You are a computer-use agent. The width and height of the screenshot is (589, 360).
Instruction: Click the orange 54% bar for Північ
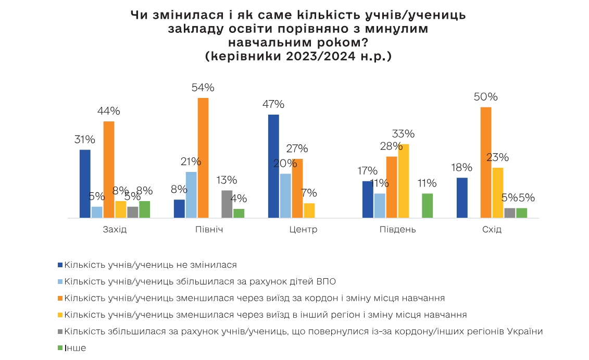(203, 157)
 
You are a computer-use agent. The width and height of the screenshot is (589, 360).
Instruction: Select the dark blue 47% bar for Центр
(273, 166)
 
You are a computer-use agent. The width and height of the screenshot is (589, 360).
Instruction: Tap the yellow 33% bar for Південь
(404, 181)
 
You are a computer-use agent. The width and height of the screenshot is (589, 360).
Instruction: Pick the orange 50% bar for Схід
(486, 162)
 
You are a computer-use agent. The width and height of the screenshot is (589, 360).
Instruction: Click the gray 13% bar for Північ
(227, 204)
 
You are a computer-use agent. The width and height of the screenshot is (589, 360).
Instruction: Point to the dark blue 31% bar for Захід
(85, 183)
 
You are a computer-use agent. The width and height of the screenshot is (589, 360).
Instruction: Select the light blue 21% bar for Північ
(191, 194)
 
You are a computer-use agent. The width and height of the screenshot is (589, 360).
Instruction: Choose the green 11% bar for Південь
(427, 205)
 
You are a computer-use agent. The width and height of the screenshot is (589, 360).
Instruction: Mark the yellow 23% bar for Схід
(498, 192)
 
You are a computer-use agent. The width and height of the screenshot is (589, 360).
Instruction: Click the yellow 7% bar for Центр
(309, 210)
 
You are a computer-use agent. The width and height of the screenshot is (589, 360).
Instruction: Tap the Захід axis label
(115, 230)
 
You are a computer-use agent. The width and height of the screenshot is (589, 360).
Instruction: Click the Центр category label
(303, 230)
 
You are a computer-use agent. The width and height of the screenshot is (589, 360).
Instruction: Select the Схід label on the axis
(492, 230)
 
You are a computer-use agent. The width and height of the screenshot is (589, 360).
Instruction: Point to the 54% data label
(203, 88)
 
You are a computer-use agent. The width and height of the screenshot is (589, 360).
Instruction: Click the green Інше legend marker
(60, 347)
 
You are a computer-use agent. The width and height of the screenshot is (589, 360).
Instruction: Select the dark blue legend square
(60, 265)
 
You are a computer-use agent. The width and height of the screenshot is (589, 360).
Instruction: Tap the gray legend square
(60, 331)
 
